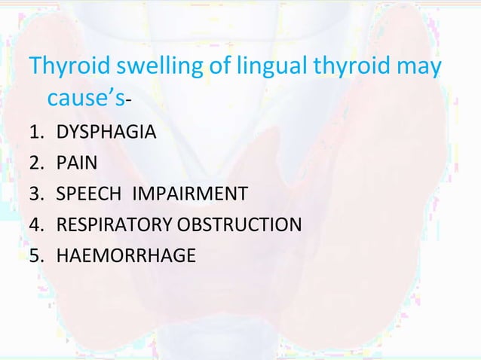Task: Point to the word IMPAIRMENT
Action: click(189, 194)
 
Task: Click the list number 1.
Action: click(35, 134)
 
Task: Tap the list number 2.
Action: click(35, 164)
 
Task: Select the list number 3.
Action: click(35, 194)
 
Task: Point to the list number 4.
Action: click(35, 224)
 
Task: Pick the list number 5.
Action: click(35, 255)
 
